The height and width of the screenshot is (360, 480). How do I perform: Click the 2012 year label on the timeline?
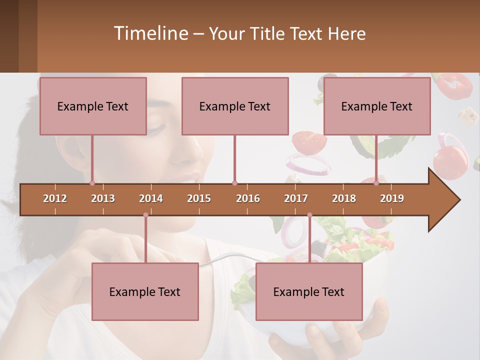coord(55,198)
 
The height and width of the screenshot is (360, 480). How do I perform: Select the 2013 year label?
coord(103,198)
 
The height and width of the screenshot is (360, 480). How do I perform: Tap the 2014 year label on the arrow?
coord(151,198)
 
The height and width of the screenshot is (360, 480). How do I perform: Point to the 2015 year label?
coord(199,198)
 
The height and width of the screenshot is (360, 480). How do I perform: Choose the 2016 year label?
coord(248,198)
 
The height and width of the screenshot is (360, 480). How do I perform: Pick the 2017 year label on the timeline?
coord(296,198)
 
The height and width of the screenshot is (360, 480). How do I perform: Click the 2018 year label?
coord(344,198)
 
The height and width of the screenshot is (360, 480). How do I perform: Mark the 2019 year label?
coord(392,198)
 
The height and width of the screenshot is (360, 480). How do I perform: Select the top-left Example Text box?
coord(93,106)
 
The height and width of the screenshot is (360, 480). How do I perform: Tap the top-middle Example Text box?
coord(235,106)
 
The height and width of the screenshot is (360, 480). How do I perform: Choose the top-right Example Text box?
coord(377,106)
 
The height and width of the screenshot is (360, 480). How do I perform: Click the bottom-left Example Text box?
coord(145,291)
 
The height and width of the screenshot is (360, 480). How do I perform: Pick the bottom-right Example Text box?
coord(309,291)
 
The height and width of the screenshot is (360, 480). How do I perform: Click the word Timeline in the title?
coord(149,33)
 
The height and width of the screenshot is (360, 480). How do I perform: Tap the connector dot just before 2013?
coord(92,183)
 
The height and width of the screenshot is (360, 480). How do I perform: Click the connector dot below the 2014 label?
coord(145,215)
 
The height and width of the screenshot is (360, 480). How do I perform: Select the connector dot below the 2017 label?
coord(309,215)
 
